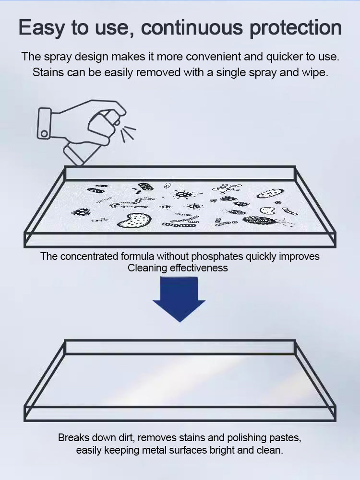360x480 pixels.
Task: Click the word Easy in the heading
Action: [x=41, y=27]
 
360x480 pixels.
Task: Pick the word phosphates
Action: [x=217, y=257]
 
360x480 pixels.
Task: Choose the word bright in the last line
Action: [x=222, y=451]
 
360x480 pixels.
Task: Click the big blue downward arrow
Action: [x=179, y=299]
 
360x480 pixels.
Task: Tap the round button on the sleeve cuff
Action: [x=45, y=134]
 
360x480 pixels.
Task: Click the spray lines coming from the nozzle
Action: [x=128, y=133]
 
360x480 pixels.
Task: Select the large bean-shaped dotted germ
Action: [x=134, y=221]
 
